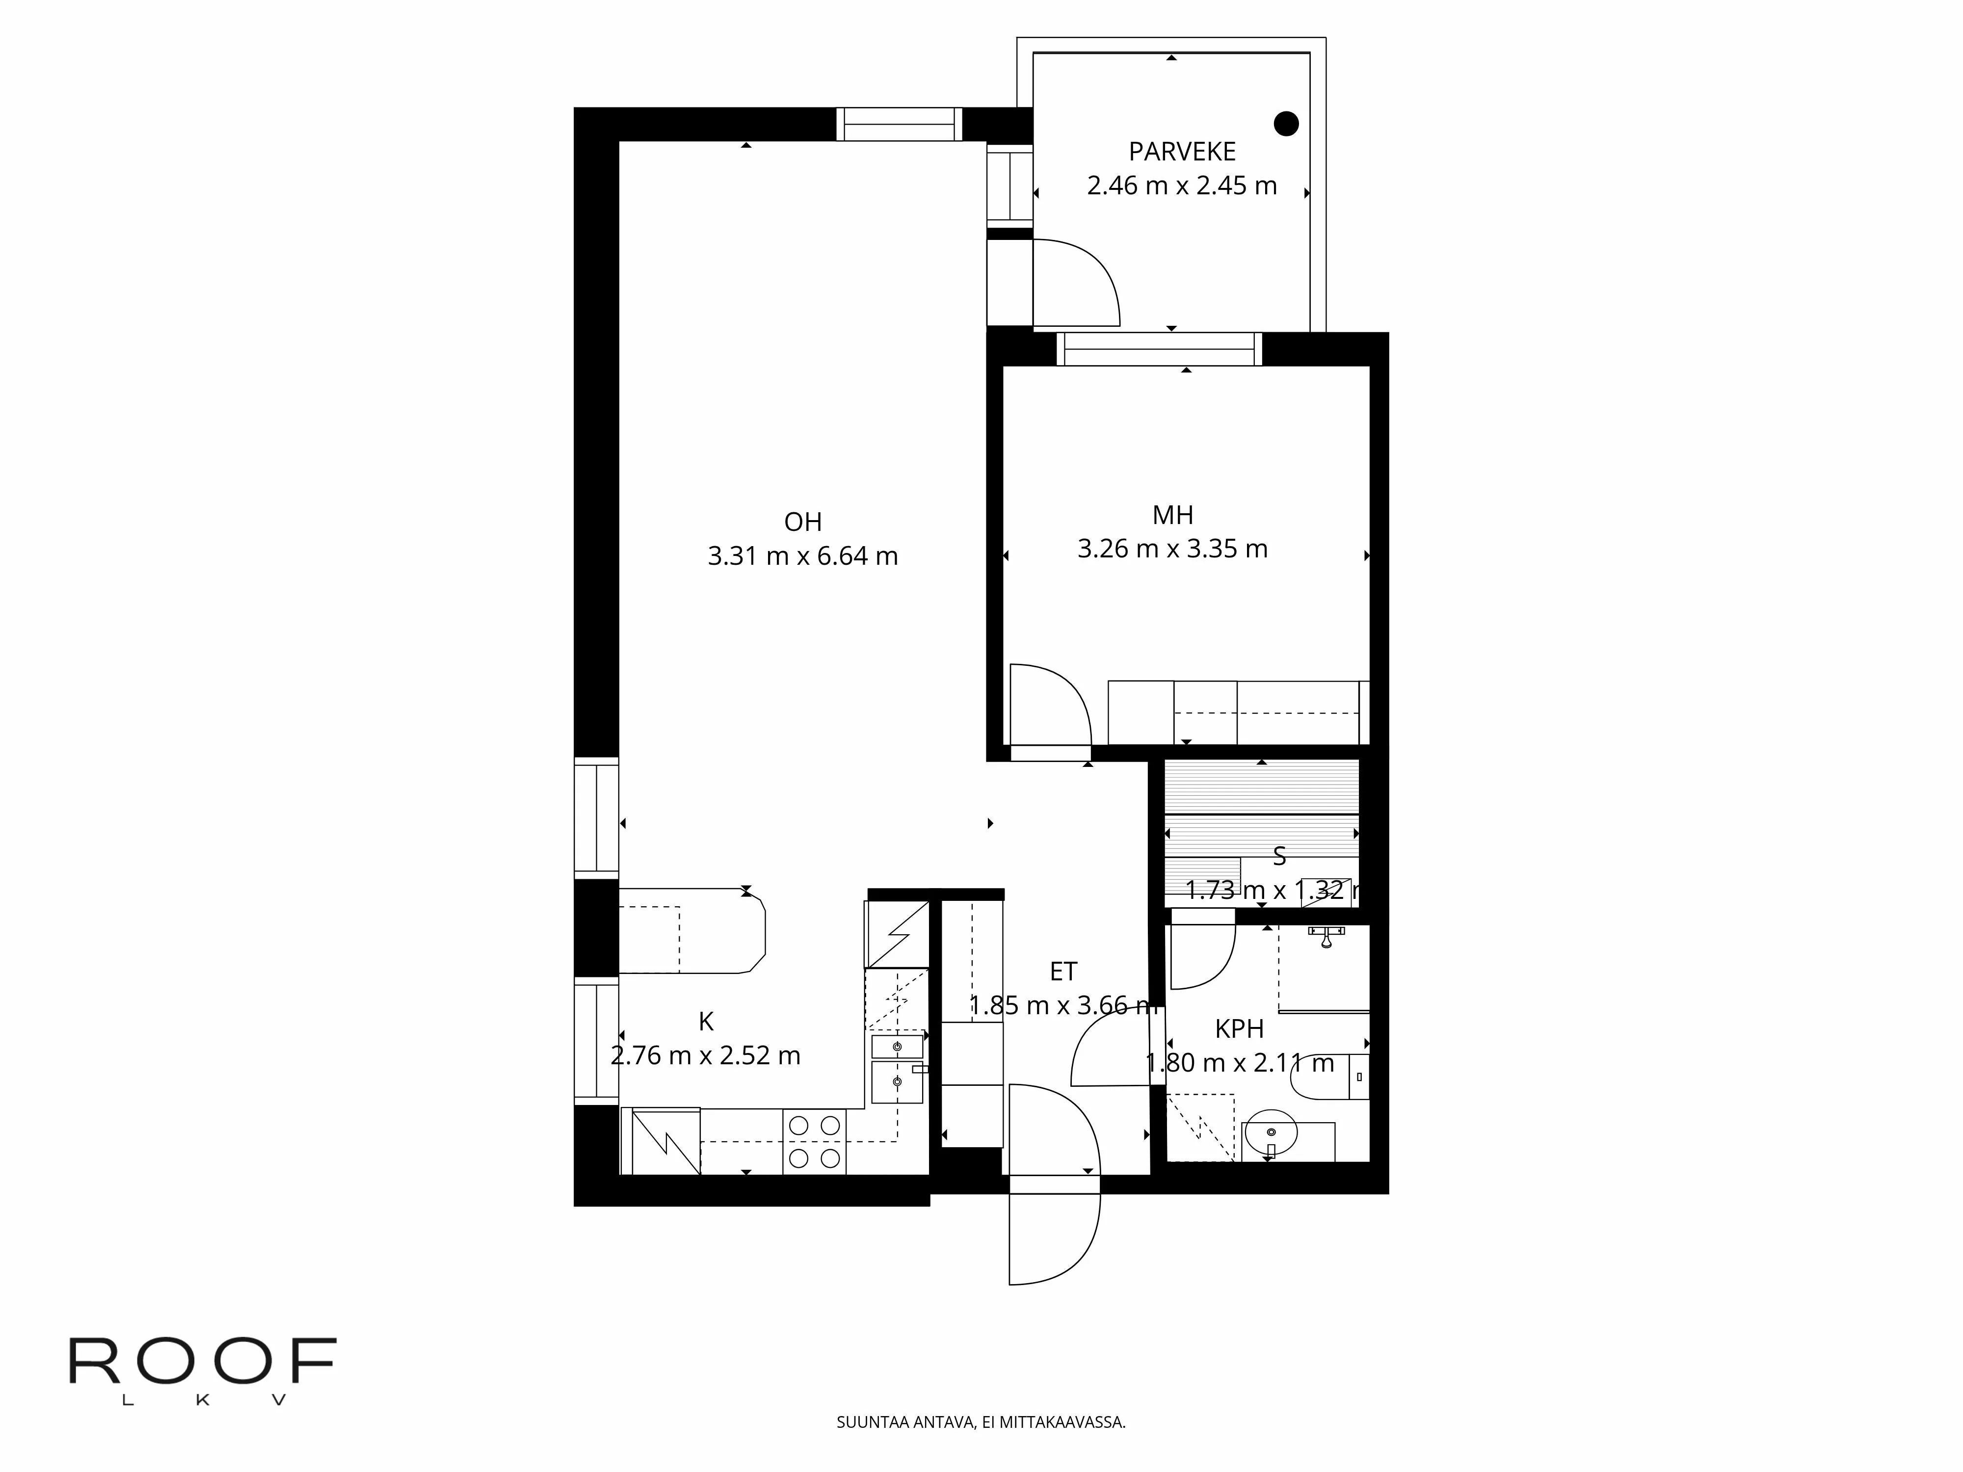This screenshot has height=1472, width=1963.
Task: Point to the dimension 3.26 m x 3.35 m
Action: pyautogui.click(x=1172, y=549)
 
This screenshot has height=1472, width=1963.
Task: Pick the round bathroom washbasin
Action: pyautogui.click(x=1271, y=1133)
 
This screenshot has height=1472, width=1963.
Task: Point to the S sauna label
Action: pyautogui.click(x=1279, y=856)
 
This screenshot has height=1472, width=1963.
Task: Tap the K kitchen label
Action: pyautogui.click(x=706, y=1022)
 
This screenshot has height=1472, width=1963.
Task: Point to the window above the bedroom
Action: pyautogui.click(x=1159, y=349)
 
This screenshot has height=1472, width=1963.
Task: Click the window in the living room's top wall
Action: pyautogui.click(x=899, y=124)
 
